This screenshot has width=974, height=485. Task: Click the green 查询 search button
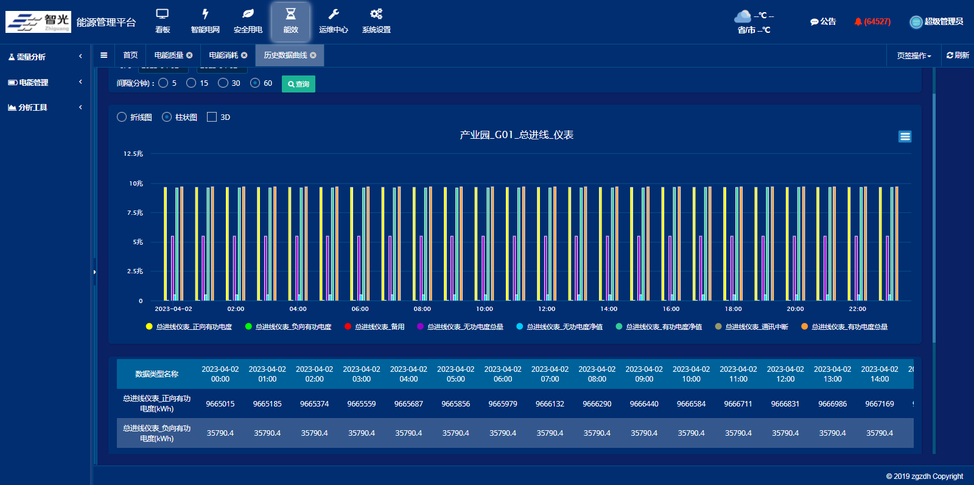pyautogui.click(x=298, y=84)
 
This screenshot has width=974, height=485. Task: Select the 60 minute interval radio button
pyautogui.click(x=255, y=83)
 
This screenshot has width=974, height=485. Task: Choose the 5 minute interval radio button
pyautogui.click(x=163, y=83)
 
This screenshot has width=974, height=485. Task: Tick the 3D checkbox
pyautogui.click(x=212, y=117)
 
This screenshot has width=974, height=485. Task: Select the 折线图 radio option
pyautogui.click(x=122, y=117)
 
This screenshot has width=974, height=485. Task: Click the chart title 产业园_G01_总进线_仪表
pyautogui.click(x=516, y=134)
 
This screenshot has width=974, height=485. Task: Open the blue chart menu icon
pyautogui.click(x=905, y=136)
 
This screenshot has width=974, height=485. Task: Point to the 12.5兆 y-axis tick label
pyautogui.click(x=133, y=154)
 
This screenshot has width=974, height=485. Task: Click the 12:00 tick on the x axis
pyautogui.click(x=547, y=309)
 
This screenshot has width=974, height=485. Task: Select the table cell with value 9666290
pyautogui.click(x=597, y=403)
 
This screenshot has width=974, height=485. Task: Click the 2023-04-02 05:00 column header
pyautogui.click(x=455, y=374)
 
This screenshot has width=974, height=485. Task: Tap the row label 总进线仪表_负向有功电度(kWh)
pyautogui.click(x=156, y=433)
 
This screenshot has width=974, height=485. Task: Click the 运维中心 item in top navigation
pyautogui.click(x=333, y=21)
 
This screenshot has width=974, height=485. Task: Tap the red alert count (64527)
pyautogui.click(x=877, y=22)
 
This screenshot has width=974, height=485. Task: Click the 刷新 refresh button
pyautogui.click(x=958, y=55)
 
